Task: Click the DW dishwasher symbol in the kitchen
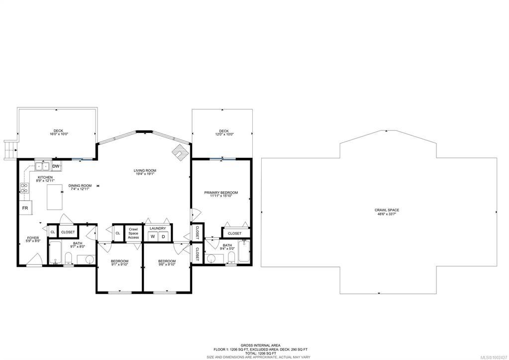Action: point(56,166)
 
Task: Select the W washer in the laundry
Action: point(152,237)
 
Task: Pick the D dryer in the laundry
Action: point(163,237)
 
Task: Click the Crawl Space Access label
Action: point(133,234)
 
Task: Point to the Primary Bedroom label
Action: point(221,193)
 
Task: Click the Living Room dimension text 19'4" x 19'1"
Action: point(145,174)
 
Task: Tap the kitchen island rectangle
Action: point(55,197)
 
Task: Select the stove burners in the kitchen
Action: point(24,188)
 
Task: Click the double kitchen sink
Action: point(42,166)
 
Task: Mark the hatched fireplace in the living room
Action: point(180,152)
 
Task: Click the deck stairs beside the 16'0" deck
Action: point(10,150)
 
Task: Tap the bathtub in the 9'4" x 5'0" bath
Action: point(244,251)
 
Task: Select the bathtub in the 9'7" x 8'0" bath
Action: point(55,253)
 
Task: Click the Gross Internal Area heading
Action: point(261,346)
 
